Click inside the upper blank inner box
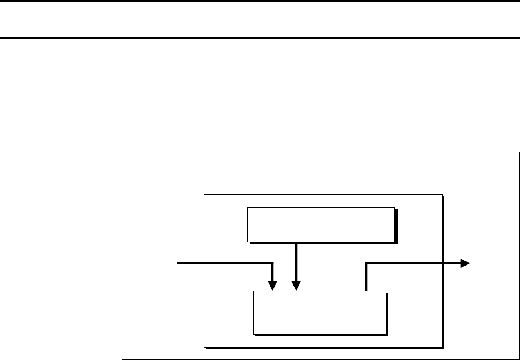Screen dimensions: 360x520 click(320, 224)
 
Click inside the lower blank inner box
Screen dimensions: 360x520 click(320, 313)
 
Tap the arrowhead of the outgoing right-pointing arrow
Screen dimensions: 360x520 click(464, 263)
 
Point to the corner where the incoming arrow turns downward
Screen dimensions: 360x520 click(273, 263)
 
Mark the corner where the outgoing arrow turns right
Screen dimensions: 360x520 click(367, 263)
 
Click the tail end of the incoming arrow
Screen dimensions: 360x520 click(179, 263)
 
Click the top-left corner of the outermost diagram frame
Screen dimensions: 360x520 click(122, 153)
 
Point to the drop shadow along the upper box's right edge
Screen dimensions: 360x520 click(395, 226)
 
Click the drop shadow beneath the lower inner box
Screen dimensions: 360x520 click(321, 335)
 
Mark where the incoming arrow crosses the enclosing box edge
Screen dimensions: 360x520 click(204, 263)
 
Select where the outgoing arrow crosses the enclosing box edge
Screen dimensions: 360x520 click(442, 263)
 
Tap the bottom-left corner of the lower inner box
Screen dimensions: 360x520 click(254, 334)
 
